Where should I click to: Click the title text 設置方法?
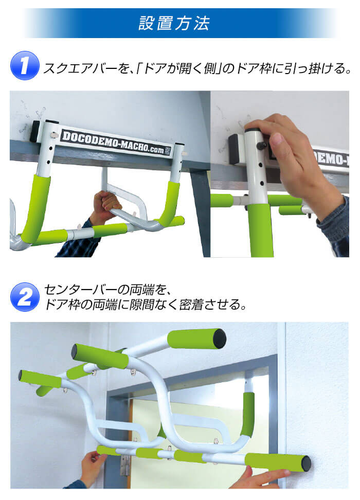[x=174, y=23]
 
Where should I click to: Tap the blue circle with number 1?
[x=25, y=65]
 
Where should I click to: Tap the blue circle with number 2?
[x=25, y=297]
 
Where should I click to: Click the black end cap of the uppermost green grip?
[x=220, y=338]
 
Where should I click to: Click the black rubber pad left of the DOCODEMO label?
[x=35, y=131]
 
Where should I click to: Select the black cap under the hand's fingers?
[x=252, y=130]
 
